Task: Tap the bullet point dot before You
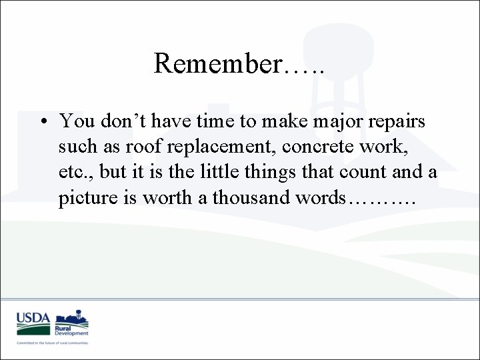tap(43, 122)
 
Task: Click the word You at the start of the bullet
tap(76, 121)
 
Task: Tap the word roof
tap(157, 147)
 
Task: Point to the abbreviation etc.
tap(75, 172)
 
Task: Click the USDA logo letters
tap(33, 318)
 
